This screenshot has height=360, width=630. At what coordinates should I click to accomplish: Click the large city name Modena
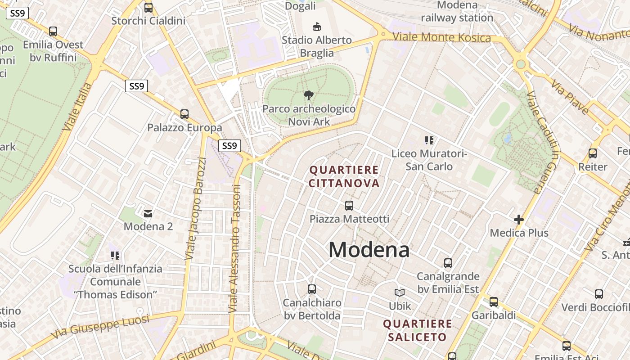coord(369,250)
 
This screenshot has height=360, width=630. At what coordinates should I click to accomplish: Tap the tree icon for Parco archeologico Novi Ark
coord(309,95)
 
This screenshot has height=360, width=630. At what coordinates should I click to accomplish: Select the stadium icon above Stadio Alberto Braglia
coord(317,27)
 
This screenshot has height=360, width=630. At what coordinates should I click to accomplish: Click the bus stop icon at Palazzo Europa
coord(184,114)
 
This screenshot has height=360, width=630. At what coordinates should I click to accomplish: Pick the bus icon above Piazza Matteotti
coord(349,206)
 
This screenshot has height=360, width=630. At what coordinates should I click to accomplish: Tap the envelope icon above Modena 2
coord(148,213)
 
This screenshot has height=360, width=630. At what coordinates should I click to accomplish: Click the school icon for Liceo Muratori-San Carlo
coord(429,140)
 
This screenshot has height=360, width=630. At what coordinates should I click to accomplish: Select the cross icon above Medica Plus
coord(519,220)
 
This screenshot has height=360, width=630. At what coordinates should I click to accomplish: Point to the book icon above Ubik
coord(400,293)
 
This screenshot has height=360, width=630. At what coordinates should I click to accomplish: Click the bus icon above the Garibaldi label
coord(494,302)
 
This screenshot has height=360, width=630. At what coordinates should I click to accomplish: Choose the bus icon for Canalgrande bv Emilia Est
coord(448,263)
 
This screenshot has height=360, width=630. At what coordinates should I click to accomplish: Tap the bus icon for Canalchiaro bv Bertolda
coord(312,289)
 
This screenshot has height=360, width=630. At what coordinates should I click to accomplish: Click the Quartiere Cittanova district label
coord(345,176)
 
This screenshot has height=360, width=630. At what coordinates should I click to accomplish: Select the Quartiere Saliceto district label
coord(418,330)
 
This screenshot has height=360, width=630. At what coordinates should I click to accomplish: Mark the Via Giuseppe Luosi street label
coord(100,328)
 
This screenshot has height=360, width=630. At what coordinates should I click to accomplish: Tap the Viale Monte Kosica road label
coord(441,37)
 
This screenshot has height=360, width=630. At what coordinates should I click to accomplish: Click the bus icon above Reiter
coord(593,153)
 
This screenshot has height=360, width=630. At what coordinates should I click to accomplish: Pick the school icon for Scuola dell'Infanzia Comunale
coord(115,256)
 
